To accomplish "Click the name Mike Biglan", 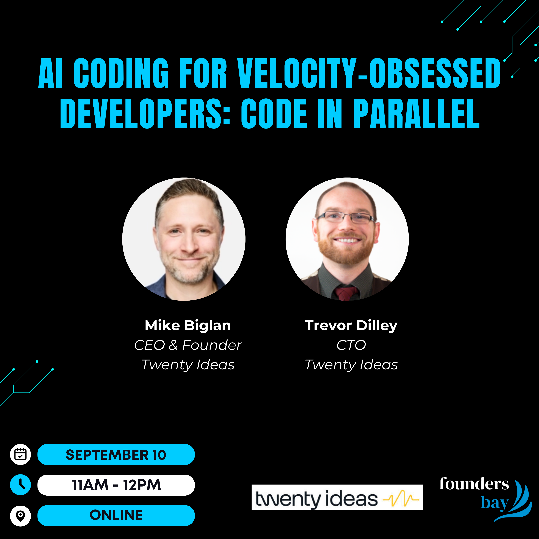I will (188, 326).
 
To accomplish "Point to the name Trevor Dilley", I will (351, 326).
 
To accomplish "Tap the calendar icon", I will (20, 454).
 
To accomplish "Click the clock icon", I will (20, 485).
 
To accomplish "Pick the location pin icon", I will (20, 516).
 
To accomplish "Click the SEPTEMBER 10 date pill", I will (116, 454).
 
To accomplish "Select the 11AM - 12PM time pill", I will (116, 485).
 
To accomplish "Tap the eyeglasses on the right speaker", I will (346, 217).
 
